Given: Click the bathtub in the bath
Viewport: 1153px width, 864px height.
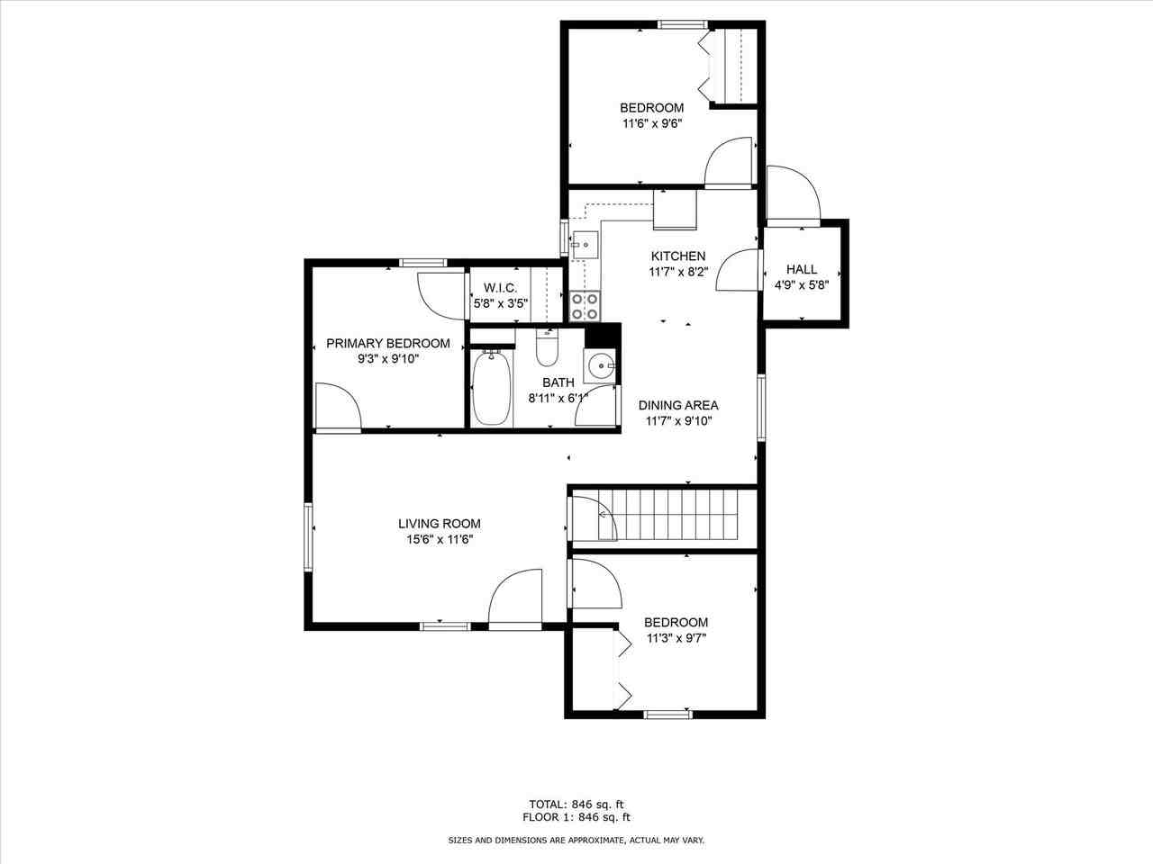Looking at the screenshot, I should [x=492, y=388].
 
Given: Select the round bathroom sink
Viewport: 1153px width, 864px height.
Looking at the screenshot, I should [x=601, y=366].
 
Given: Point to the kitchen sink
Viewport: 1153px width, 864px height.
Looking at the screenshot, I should [x=584, y=243].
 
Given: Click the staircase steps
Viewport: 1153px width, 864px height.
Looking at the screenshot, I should [x=676, y=514].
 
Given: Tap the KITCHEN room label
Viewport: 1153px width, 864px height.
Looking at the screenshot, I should [x=678, y=256].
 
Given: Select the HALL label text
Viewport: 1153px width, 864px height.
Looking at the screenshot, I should [x=802, y=269].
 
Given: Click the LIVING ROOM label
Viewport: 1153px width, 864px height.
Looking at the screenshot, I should [x=440, y=523].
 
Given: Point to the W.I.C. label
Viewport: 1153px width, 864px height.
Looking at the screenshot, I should [x=500, y=288].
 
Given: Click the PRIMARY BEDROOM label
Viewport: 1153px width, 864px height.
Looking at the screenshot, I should [x=387, y=343].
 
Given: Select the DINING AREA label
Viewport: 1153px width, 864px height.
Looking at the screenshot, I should [x=678, y=405].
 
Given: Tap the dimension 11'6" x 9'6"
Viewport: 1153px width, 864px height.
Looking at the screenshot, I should [x=651, y=124].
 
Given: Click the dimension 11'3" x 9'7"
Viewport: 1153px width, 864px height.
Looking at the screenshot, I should [x=676, y=638].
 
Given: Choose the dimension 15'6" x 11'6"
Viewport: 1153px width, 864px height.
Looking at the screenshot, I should [x=440, y=539].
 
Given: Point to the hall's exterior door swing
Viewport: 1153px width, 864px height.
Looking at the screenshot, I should [x=793, y=193].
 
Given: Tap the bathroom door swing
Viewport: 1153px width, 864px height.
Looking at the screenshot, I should [x=597, y=407].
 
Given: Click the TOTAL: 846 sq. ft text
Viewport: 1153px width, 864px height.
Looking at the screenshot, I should [x=576, y=804].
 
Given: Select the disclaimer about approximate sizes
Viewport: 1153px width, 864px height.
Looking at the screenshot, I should [x=576, y=840].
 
